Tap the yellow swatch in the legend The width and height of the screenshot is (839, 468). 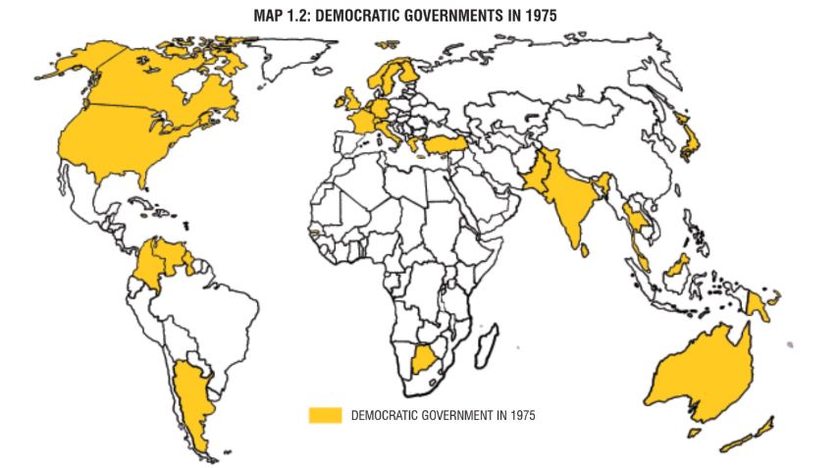click(x=325, y=415)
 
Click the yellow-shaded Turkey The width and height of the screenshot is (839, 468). click(x=447, y=145)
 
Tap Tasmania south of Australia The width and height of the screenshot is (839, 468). click(x=696, y=431)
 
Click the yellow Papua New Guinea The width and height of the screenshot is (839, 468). click(x=758, y=304)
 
